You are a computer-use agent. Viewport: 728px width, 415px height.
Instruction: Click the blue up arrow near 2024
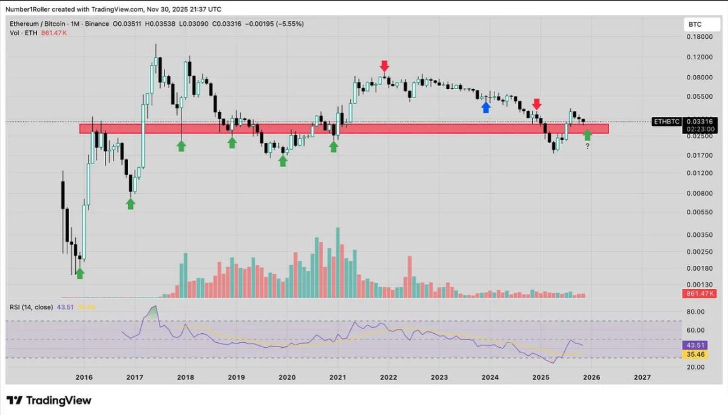[485, 107]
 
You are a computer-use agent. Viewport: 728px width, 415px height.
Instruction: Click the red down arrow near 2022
[384, 65]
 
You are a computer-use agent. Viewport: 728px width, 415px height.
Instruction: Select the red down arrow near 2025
[537, 104]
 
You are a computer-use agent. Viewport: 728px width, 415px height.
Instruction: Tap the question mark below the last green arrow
[587, 147]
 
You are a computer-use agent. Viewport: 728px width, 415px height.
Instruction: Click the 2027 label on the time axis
[642, 377]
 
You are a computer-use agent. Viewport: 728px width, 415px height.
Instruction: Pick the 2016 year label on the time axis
[84, 377]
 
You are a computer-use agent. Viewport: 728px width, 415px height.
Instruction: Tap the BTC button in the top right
[694, 25]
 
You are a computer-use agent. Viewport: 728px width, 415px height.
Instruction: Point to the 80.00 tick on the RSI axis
[694, 311]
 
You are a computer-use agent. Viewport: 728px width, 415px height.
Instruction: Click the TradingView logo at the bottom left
[49, 400]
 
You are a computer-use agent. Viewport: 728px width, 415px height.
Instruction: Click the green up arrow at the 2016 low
[79, 274]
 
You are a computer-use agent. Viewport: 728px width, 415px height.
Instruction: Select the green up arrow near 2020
[283, 161]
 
